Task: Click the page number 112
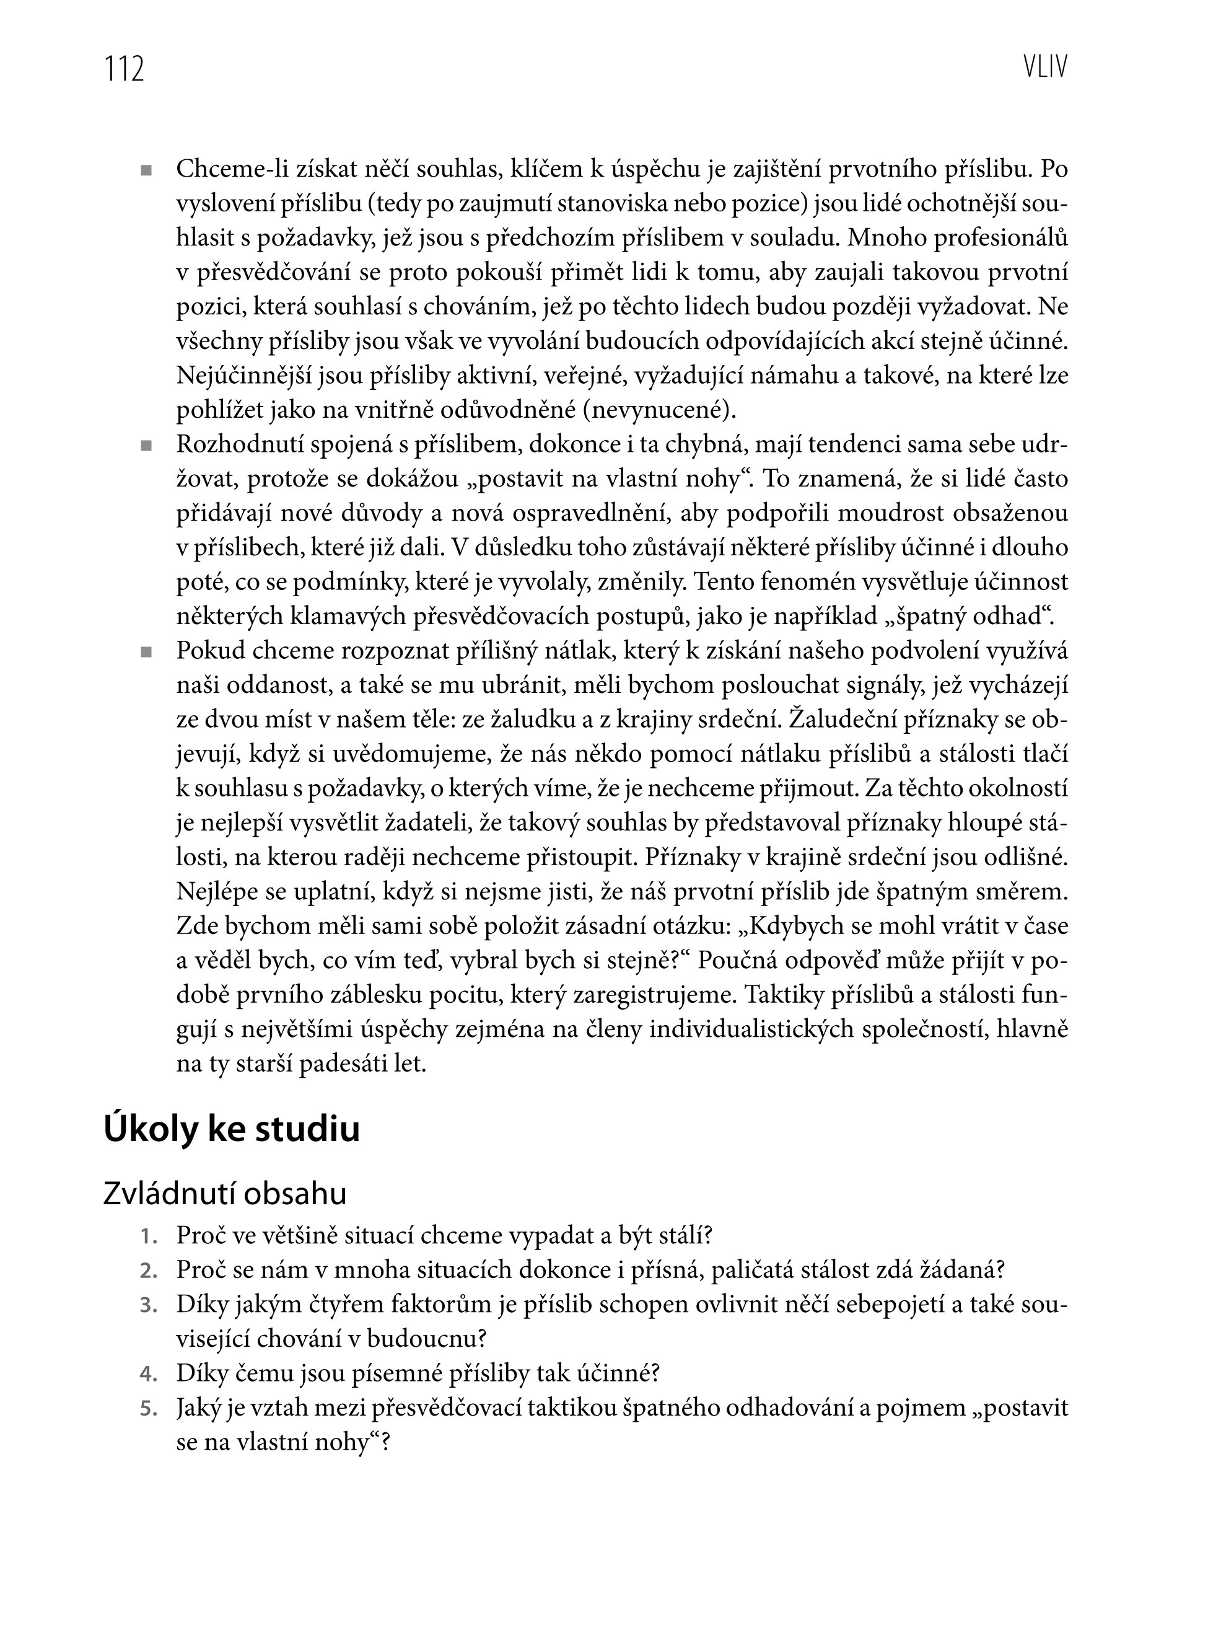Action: [x=125, y=69]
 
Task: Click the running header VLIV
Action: [x=1045, y=68]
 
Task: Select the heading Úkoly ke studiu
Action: [x=232, y=1129]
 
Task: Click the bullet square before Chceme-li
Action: [x=146, y=171]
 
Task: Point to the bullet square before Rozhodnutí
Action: [x=146, y=446]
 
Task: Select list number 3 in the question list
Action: [x=149, y=1307]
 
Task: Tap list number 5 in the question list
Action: [x=149, y=1409]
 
